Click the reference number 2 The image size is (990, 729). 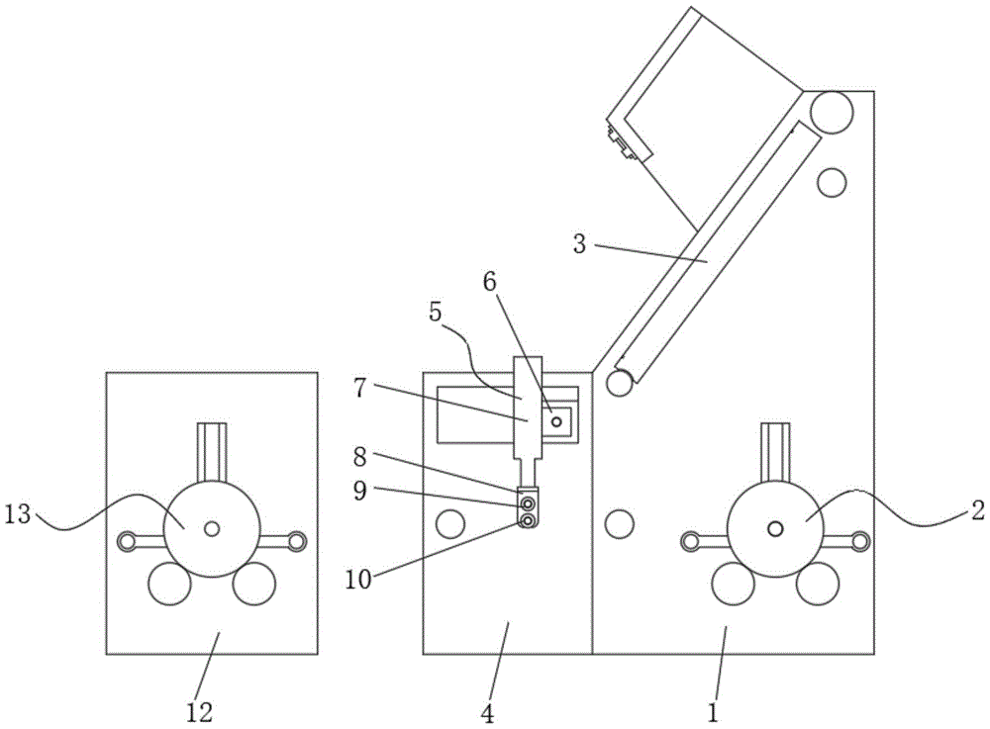(975, 511)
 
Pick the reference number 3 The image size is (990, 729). (580, 243)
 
